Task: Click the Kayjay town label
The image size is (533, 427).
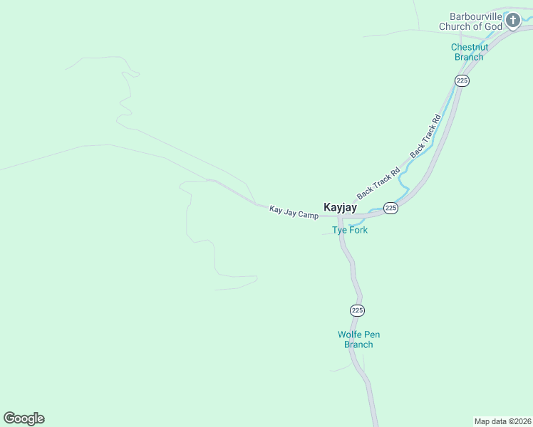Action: tap(340, 207)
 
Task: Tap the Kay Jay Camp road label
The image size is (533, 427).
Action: tap(294, 211)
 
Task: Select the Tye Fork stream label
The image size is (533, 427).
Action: tap(350, 230)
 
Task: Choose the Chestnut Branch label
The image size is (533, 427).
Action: tap(469, 52)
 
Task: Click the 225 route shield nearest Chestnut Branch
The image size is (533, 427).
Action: tap(462, 80)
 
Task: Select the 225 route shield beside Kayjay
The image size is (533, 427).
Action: tap(390, 208)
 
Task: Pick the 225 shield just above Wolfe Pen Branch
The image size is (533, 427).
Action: tap(358, 310)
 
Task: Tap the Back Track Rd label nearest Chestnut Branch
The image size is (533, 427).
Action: tap(425, 135)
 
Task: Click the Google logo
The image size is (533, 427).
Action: tap(24, 418)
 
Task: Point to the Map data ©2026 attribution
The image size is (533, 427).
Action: tap(502, 421)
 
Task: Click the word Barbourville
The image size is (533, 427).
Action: tap(475, 16)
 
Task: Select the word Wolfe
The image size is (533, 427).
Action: tap(349, 334)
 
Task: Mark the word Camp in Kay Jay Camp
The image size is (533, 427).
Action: tap(308, 214)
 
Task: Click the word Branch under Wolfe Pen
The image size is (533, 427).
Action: tap(358, 344)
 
